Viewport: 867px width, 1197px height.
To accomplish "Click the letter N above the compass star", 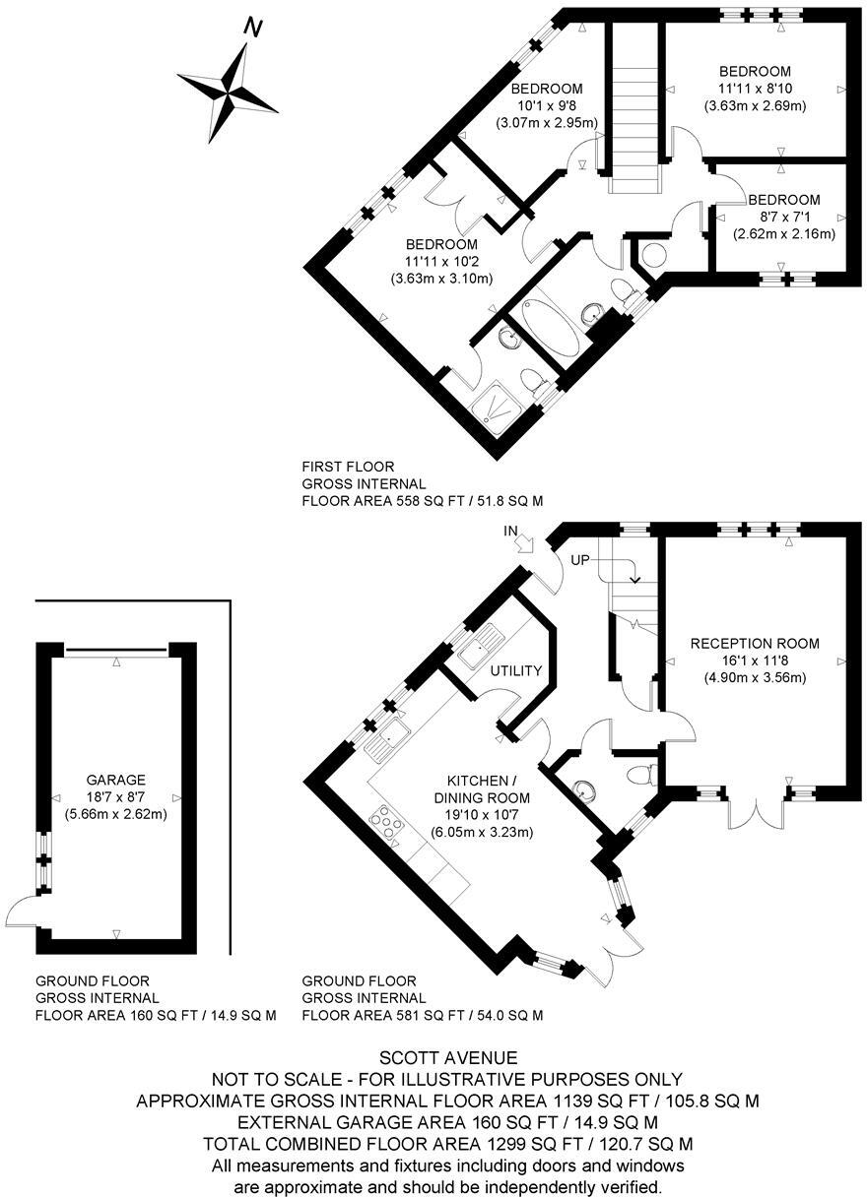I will click(x=253, y=29).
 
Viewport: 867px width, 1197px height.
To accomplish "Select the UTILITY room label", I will click(x=516, y=671).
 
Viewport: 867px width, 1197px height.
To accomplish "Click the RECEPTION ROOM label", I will click(x=755, y=644).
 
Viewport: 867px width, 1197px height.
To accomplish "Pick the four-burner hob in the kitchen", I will click(x=384, y=826).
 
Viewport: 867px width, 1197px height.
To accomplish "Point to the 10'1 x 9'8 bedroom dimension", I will click(x=547, y=105).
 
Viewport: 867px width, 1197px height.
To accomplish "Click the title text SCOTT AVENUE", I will click(x=433, y=1058).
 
